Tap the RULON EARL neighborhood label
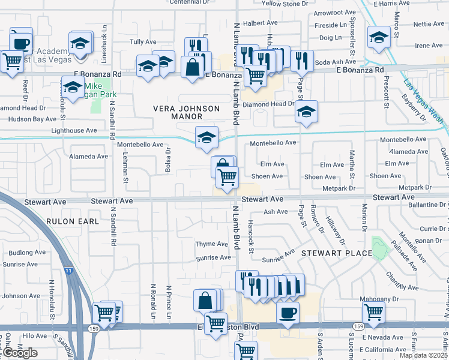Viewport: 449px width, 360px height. point(71,221)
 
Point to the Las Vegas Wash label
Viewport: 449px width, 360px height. point(424,101)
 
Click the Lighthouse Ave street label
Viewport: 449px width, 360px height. point(74,130)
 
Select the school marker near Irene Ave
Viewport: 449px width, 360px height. point(379,37)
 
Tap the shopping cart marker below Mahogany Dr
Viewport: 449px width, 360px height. point(374,313)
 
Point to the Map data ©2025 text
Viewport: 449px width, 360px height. point(423,355)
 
